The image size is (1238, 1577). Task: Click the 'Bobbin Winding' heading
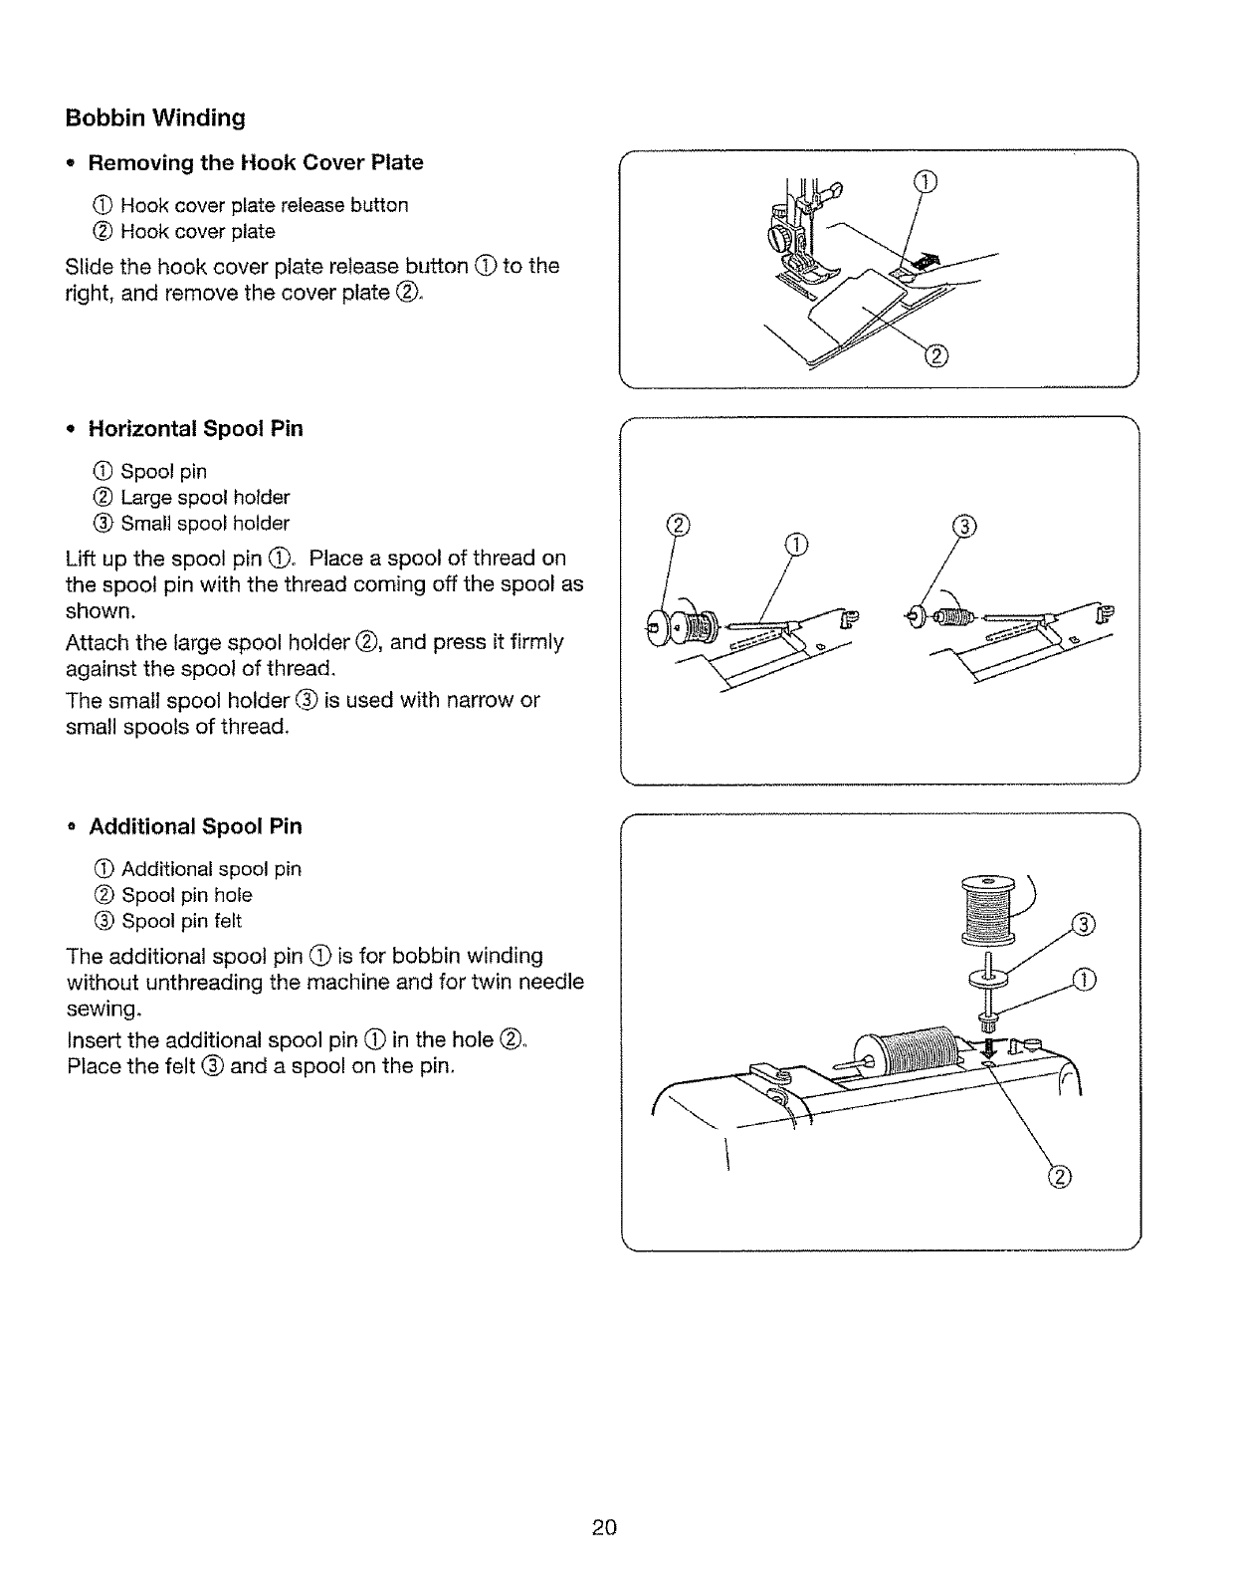[155, 118]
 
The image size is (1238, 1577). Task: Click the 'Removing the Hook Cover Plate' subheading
[256, 162]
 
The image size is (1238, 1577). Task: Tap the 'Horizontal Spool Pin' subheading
[196, 429]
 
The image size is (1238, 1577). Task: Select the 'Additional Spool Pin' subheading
[195, 826]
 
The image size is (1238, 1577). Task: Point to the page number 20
[604, 1527]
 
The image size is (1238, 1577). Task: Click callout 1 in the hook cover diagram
[926, 180]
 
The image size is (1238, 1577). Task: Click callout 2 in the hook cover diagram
[936, 356]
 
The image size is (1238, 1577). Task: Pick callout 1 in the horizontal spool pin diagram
[797, 544]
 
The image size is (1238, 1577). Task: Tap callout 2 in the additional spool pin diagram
[1060, 1177]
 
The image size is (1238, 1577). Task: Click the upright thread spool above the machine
[986, 908]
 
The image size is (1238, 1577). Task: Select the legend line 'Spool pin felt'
[181, 921]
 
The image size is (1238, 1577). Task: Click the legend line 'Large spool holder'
[204, 497]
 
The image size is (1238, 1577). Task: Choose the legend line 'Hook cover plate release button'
[264, 205]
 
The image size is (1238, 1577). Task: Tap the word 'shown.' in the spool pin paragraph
[100, 610]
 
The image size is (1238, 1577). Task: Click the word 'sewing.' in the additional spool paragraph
[103, 1010]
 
